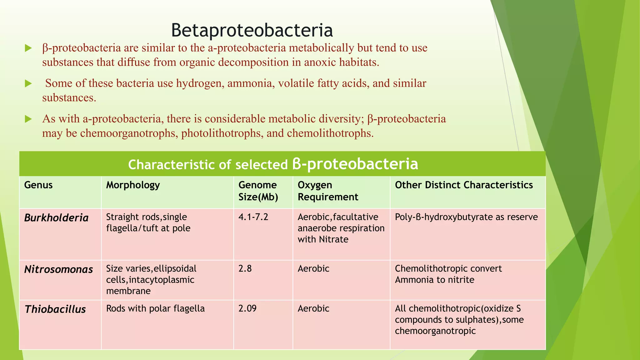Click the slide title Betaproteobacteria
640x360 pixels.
[x=252, y=30]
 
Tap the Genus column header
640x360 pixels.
[x=38, y=185]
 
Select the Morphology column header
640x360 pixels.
[x=133, y=185]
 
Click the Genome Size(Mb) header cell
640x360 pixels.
[x=258, y=191]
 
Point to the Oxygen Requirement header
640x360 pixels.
[x=328, y=191]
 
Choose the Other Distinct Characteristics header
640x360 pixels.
[x=464, y=185]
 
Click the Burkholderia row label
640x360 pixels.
[x=56, y=218]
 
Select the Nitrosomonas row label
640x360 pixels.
[x=58, y=269]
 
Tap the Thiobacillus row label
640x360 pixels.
[x=55, y=309]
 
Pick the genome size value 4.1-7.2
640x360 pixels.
[x=253, y=217]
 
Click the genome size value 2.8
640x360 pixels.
[x=245, y=268]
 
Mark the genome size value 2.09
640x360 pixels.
[x=247, y=308]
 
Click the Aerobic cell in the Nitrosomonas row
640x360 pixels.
[x=313, y=268]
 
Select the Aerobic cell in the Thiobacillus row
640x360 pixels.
[x=313, y=308]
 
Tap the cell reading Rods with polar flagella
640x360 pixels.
[x=155, y=308]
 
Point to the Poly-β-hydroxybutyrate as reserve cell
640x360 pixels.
[x=466, y=217]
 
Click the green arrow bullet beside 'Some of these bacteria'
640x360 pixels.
[x=28, y=83]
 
